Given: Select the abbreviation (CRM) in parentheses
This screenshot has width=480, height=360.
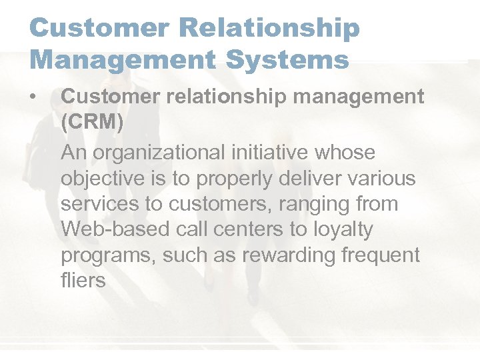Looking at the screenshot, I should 93,123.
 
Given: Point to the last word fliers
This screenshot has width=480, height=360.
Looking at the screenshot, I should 83,280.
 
